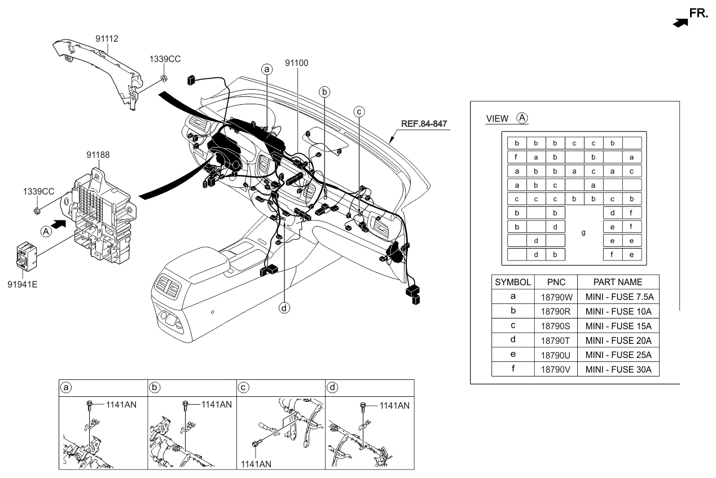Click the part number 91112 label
click(107, 39)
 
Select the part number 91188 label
click(98, 154)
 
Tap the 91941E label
click(23, 284)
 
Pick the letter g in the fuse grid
click(583, 233)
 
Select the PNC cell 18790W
click(556, 296)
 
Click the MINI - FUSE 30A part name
click(618, 370)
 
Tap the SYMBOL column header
click(512, 282)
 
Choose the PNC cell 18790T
click(556, 340)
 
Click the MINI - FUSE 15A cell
click(618, 326)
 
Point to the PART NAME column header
click(618, 282)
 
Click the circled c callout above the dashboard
click(358, 112)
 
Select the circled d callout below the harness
click(285, 308)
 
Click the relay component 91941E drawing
click(26, 255)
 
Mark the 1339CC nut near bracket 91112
click(164, 77)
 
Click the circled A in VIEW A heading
click(522, 118)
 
